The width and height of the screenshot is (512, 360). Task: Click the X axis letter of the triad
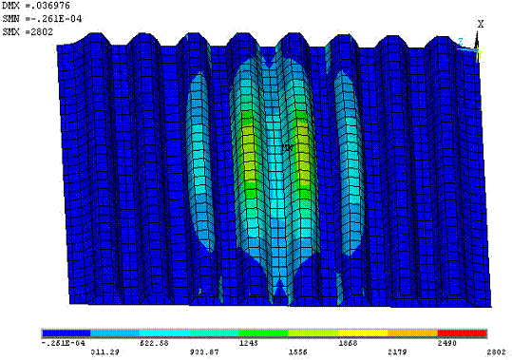point(481,24)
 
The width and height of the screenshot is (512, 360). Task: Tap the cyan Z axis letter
point(460,42)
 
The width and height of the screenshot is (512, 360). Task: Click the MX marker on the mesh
point(287,147)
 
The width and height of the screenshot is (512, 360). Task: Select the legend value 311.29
point(111,351)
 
